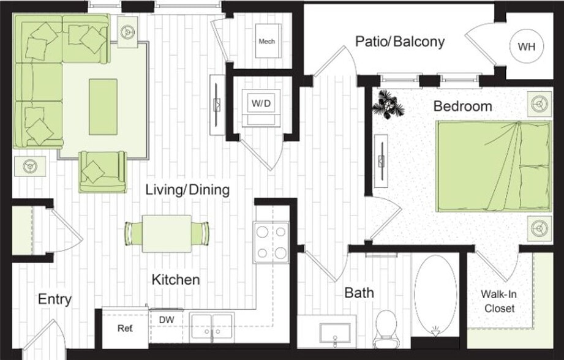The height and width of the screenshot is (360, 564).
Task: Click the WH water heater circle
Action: (x=525, y=47)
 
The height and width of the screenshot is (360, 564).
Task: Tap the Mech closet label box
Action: (x=267, y=42)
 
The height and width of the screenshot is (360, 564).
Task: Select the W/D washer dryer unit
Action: (x=261, y=104)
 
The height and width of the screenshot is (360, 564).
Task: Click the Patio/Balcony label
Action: (x=400, y=42)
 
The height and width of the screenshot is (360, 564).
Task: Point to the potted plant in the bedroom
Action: (x=389, y=103)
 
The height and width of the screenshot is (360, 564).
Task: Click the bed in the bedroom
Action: (x=493, y=166)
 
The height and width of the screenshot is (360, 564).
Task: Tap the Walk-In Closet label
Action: (x=499, y=301)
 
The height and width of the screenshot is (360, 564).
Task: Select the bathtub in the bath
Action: (x=435, y=293)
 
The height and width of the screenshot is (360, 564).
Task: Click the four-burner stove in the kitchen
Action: (x=271, y=242)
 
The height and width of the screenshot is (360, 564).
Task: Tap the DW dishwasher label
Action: (x=166, y=320)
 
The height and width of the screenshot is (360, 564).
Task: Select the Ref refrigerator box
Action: (x=125, y=328)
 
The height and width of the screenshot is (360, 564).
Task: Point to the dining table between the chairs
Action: (x=167, y=233)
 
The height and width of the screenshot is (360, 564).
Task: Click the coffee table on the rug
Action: (x=103, y=107)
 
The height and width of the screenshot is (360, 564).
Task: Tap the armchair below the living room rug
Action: (x=102, y=171)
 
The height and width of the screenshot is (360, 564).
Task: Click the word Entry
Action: (x=55, y=299)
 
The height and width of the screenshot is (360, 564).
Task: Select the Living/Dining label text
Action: (x=187, y=190)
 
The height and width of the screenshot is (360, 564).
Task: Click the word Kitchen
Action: (x=176, y=280)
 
